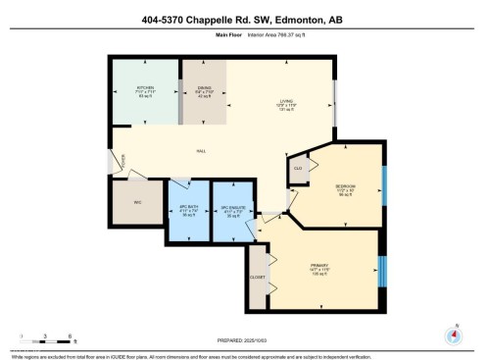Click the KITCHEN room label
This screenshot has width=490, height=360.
(x=145, y=88)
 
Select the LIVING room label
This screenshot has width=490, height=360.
(x=287, y=101)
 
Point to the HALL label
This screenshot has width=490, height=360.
(x=201, y=151)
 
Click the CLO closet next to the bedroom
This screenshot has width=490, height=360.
(x=298, y=169)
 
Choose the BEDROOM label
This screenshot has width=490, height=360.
(x=345, y=185)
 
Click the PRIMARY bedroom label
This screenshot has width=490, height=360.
(x=319, y=266)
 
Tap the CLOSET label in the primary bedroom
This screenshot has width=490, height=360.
(x=258, y=278)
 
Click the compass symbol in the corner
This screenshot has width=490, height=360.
(x=454, y=334)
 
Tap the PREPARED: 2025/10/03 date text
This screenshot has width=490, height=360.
(x=245, y=338)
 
